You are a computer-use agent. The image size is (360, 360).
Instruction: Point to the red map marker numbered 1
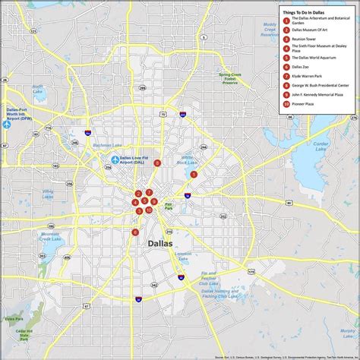pyautogui.click(x=194, y=174)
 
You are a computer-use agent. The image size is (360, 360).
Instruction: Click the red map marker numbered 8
pyautogui.click(x=157, y=163)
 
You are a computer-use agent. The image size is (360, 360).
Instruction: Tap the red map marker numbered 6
pyautogui.click(x=135, y=232)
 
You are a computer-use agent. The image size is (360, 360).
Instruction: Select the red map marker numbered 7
pyautogui.click(x=150, y=192)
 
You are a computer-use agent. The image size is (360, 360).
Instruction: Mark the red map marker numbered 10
pyautogui.click(x=149, y=210)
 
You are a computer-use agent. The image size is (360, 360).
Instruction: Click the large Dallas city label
pyautogui.click(x=158, y=243)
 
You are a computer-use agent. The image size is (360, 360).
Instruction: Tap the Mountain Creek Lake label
pyautogui.click(x=48, y=239)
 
